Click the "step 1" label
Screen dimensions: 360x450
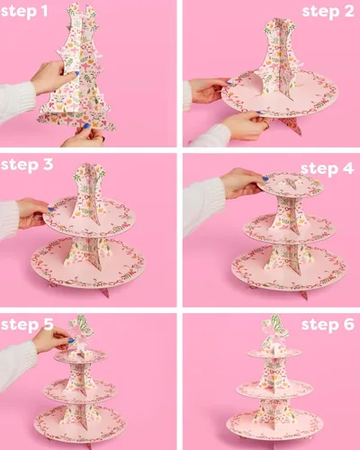pyautogui.click(x=24, y=12)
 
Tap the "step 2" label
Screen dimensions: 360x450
pyautogui.click(x=328, y=12)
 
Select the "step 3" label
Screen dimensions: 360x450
pyautogui.click(x=27, y=165)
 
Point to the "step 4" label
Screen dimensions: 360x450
pyautogui.click(x=328, y=169)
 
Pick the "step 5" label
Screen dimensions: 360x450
pyautogui.click(x=27, y=325)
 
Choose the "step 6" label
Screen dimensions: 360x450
pyautogui.click(x=328, y=325)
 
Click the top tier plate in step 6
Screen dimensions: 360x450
pyautogui.click(x=274, y=353)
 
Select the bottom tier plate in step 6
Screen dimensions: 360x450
pyautogui.click(x=274, y=425)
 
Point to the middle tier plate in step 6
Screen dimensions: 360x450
pyautogui.click(x=274, y=389)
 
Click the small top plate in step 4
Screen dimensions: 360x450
pyautogui.click(x=291, y=184)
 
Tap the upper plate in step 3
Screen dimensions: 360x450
pyautogui.click(x=89, y=216)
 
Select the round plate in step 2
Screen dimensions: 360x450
pyautogui.click(x=280, y=93)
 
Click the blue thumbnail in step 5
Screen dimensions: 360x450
pyautogui.click(x=71, y=340)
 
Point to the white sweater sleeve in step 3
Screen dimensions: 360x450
pyautogui.click(x=8, y=220)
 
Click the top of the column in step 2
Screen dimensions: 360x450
pyautogui.click(x=278, y=24)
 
